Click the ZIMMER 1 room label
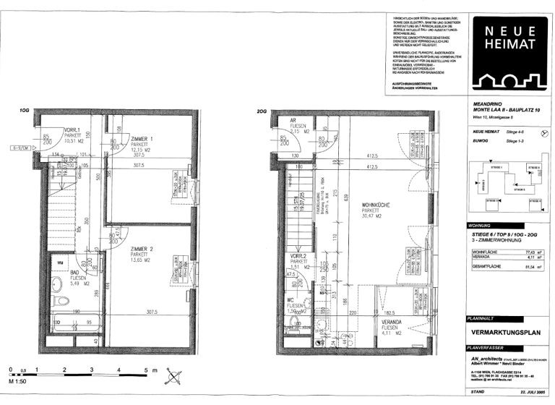coord(142,137)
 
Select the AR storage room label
coord(293,121)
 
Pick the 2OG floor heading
coord(261,111)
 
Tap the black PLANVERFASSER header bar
coord(507,348)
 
